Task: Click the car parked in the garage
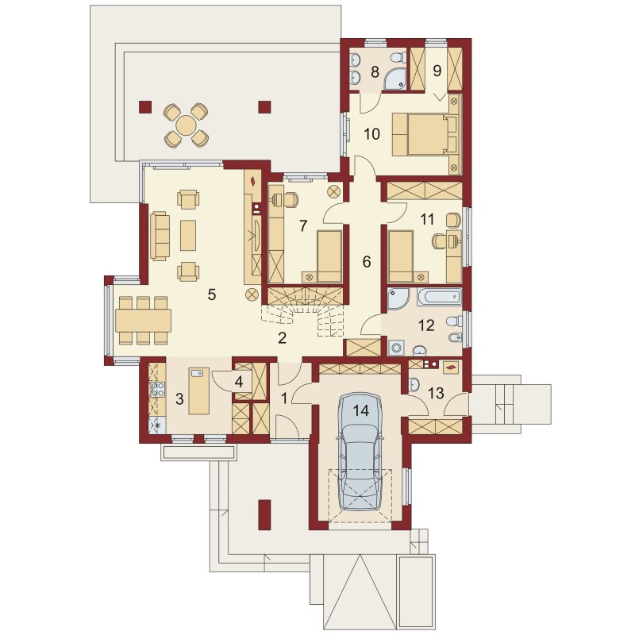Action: click(361, 452)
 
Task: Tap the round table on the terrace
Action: click(187, 125)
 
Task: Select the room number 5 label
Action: click(211, 294)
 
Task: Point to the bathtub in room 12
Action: click(439, 296)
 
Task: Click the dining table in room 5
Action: click(144, 321)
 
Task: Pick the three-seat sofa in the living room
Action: click(160, 236)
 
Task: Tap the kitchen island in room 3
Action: click(199, 391)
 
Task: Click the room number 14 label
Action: click(361, 410)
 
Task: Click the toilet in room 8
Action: click(398, 57)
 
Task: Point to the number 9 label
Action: click(437, 71)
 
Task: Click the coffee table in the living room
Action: click(188, 235)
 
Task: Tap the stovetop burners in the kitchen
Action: click(157, 390)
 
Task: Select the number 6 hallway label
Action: click(366, 262)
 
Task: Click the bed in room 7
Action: click(329, 256)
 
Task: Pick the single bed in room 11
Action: click(401, 256)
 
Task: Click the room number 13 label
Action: click(436, 393)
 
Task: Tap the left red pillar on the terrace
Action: click(145, 106)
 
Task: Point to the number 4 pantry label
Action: click(239, 382)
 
